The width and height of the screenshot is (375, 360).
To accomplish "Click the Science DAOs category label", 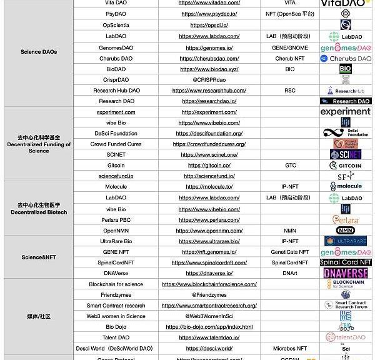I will click(39, 52).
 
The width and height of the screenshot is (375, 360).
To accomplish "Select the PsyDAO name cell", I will click(116, 14).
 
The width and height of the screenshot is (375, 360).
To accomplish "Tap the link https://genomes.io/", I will click(209, 47).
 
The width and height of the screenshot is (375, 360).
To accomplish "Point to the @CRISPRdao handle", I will click(209, 79).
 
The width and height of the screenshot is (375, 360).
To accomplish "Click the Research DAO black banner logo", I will click(345, 101).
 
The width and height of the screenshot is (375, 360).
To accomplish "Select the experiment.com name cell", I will click(116, 112).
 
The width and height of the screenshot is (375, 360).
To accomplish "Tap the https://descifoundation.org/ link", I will click(209, 134).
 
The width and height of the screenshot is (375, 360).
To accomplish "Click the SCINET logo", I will click(345, 154).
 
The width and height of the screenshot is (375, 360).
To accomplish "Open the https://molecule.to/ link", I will click(209, 187).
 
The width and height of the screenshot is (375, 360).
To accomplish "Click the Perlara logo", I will click(345, 220).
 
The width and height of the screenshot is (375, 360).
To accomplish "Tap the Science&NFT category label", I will click(39, 257).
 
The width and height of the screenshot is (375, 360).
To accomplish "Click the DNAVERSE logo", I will click(345, 274).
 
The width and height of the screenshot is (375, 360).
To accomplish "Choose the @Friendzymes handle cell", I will click(209, 295).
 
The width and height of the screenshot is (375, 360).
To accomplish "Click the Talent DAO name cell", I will click(116, 337).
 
